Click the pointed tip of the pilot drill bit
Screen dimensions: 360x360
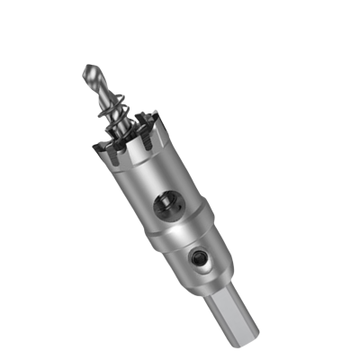(x=87, y=67)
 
